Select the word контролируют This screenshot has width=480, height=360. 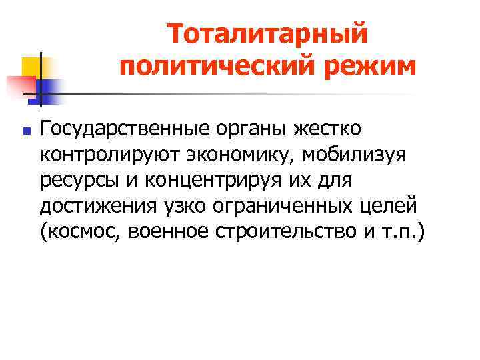103,155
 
